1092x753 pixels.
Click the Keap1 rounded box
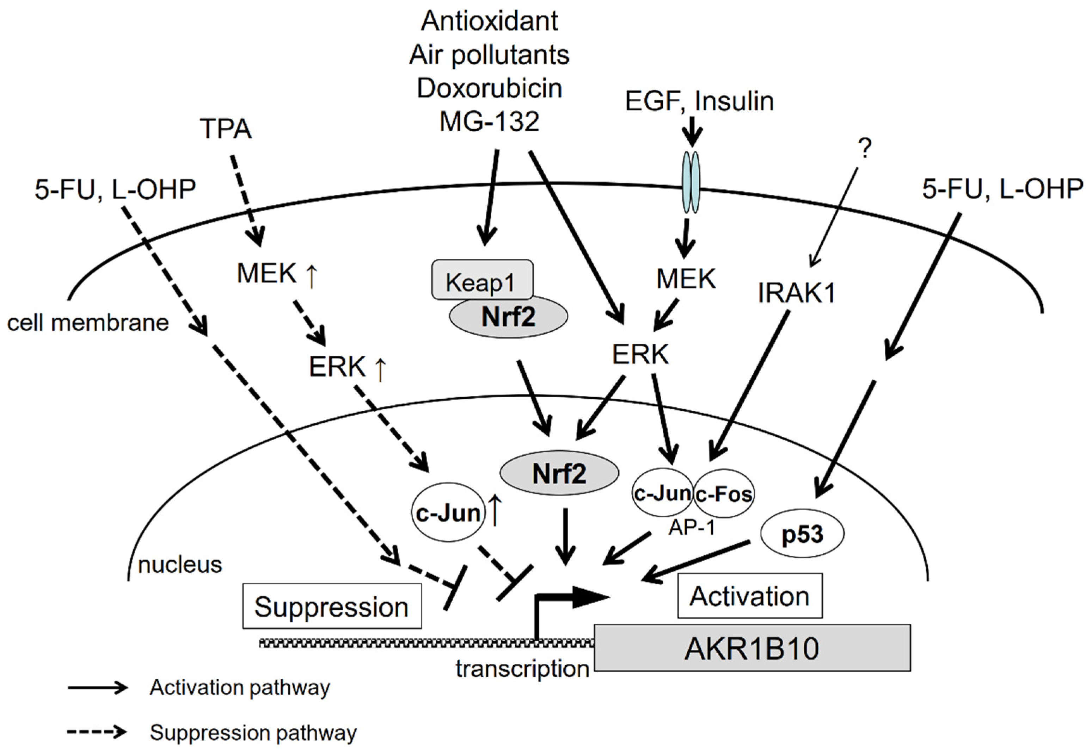[x=482, y=280]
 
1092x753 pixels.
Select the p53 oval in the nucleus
[x=802, y=535]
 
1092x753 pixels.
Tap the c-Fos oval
[x=724, y=493]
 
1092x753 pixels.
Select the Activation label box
[x=749, y=596]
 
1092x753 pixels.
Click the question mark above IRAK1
[x=864, y=149]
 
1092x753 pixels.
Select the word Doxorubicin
[x=490, y=88]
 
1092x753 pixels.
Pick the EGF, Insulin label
[x=699, y=101]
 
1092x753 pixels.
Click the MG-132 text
[x=490, y=121]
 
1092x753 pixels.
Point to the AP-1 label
[x=691, y=528]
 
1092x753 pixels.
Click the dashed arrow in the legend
[x=97, y=732]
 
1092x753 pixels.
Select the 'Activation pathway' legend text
[x=240, y=687]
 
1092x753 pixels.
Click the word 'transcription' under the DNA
[x=522, y=668]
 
